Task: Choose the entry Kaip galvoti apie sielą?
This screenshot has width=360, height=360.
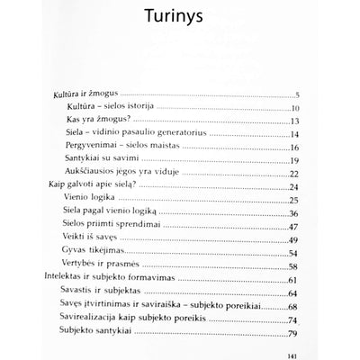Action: [91, 185]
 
